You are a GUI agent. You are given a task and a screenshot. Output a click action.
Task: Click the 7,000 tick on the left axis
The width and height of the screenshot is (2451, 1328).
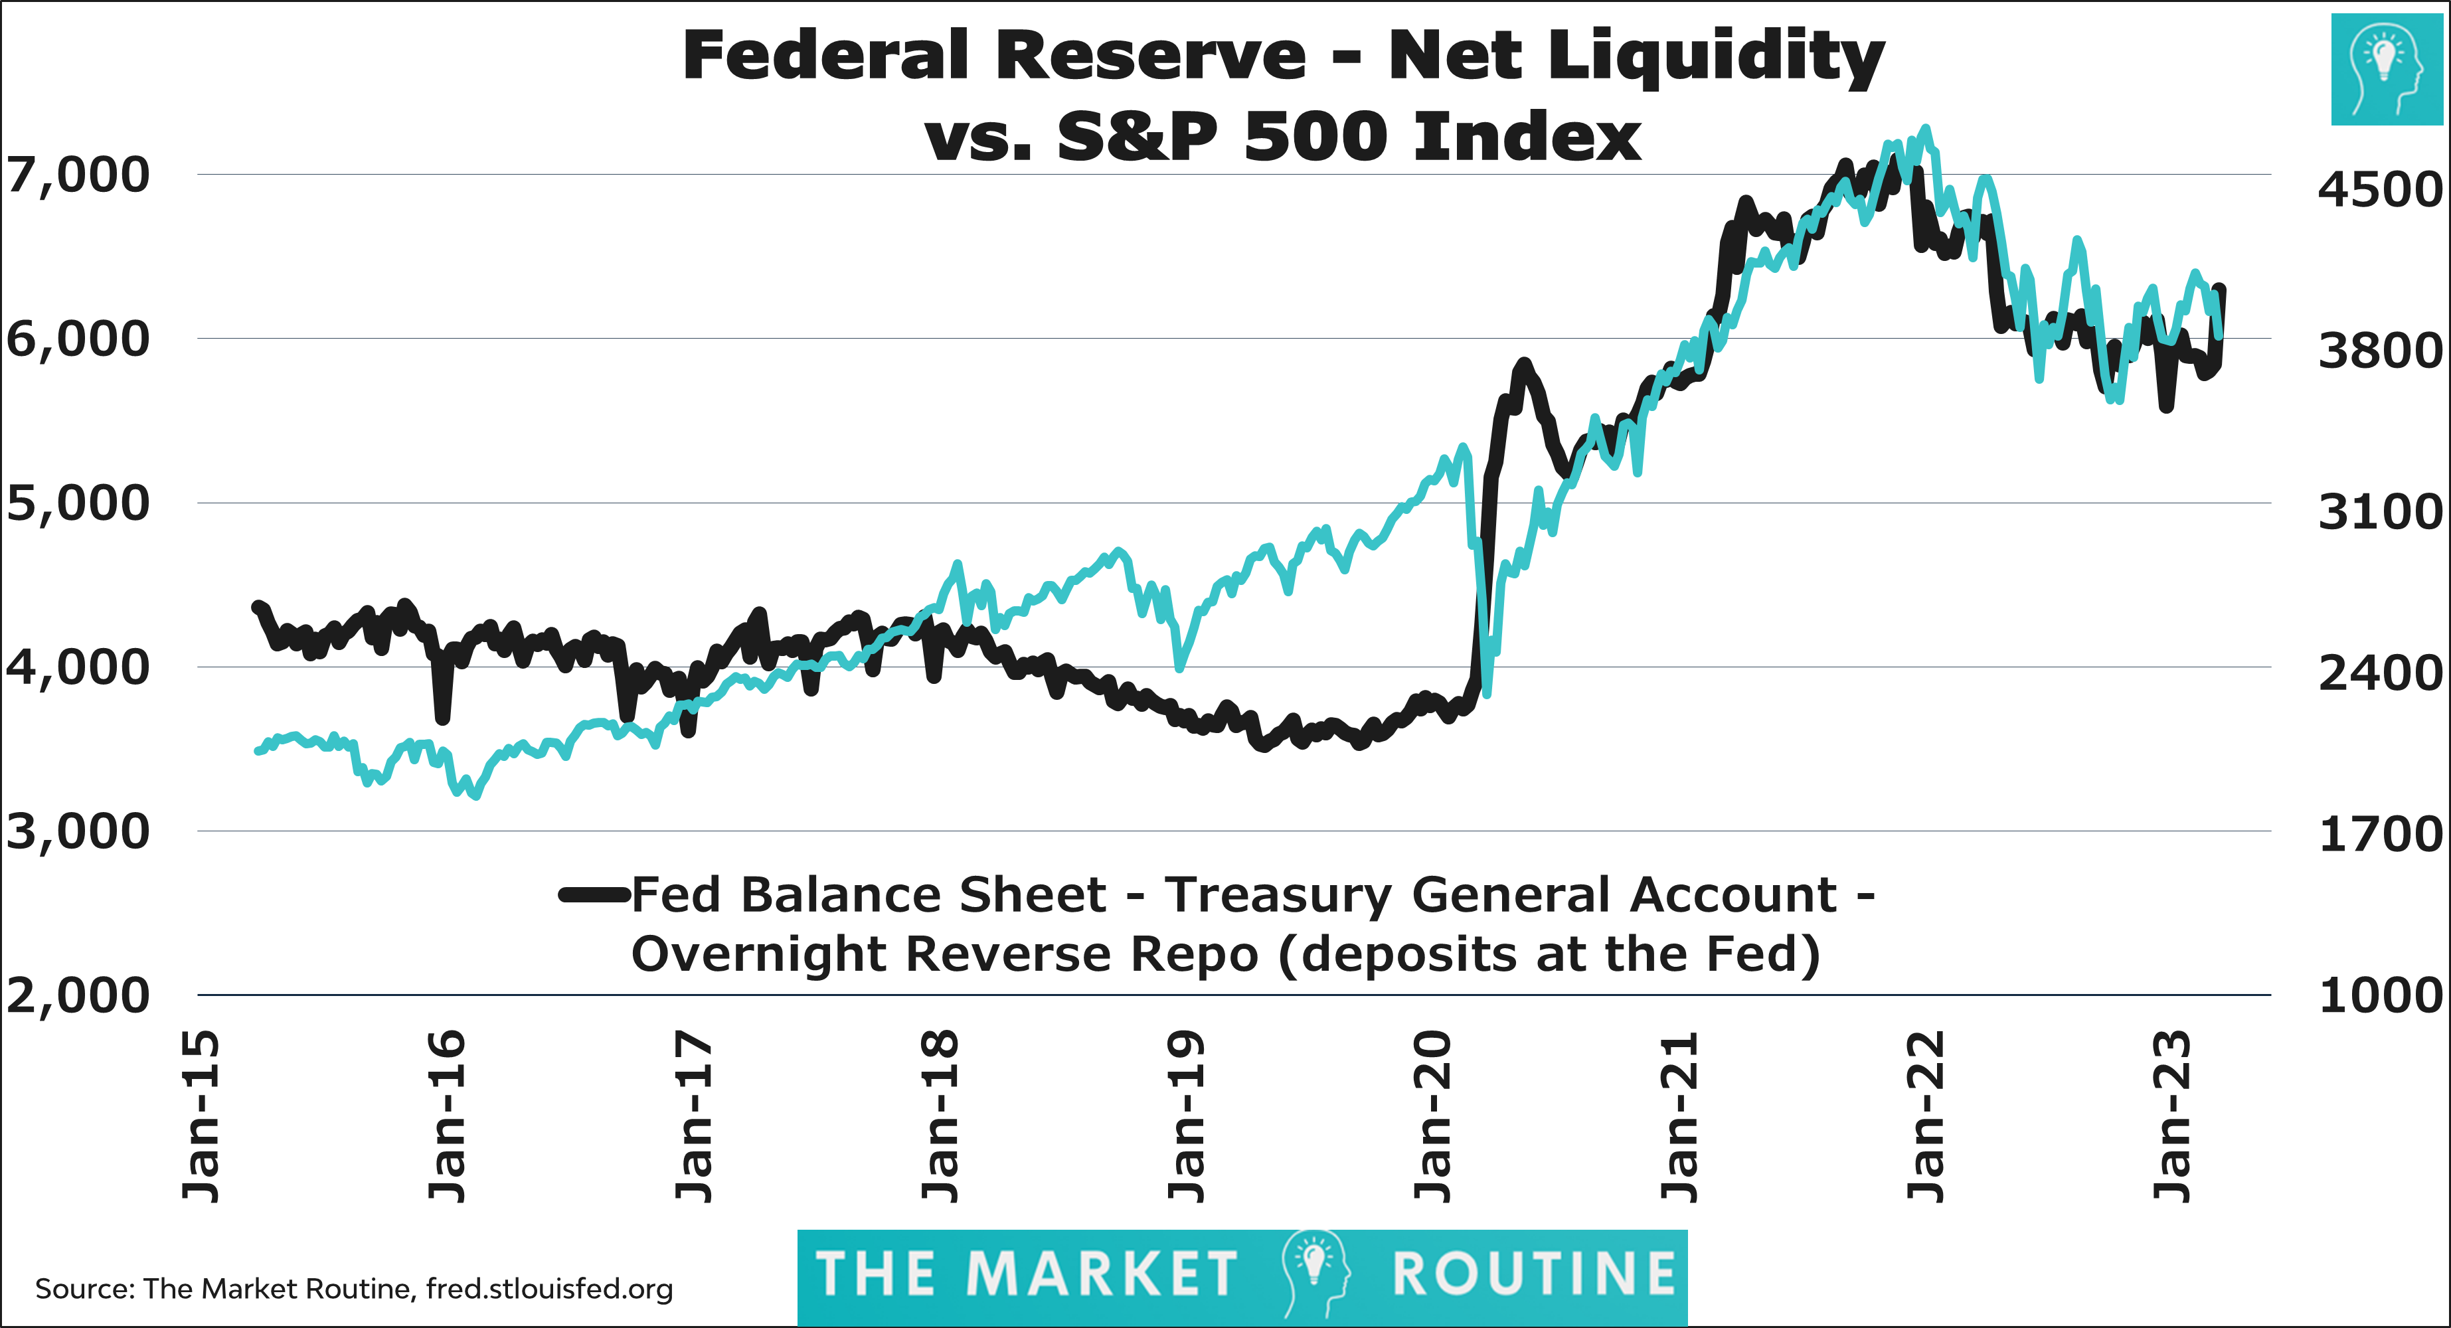pos(78,175)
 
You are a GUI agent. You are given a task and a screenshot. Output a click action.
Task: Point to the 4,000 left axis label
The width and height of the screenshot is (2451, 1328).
pos(78,667)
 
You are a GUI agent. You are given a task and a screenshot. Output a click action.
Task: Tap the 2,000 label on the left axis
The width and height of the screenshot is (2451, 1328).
pos(78,996)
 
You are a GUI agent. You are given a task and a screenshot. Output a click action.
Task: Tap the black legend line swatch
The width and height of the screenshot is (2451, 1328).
pos(595,894)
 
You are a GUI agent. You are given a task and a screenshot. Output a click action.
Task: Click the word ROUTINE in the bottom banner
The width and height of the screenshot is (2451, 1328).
pos(1534,1275)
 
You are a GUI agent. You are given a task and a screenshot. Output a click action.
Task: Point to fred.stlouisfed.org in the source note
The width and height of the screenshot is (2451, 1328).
pos(549,1289)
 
